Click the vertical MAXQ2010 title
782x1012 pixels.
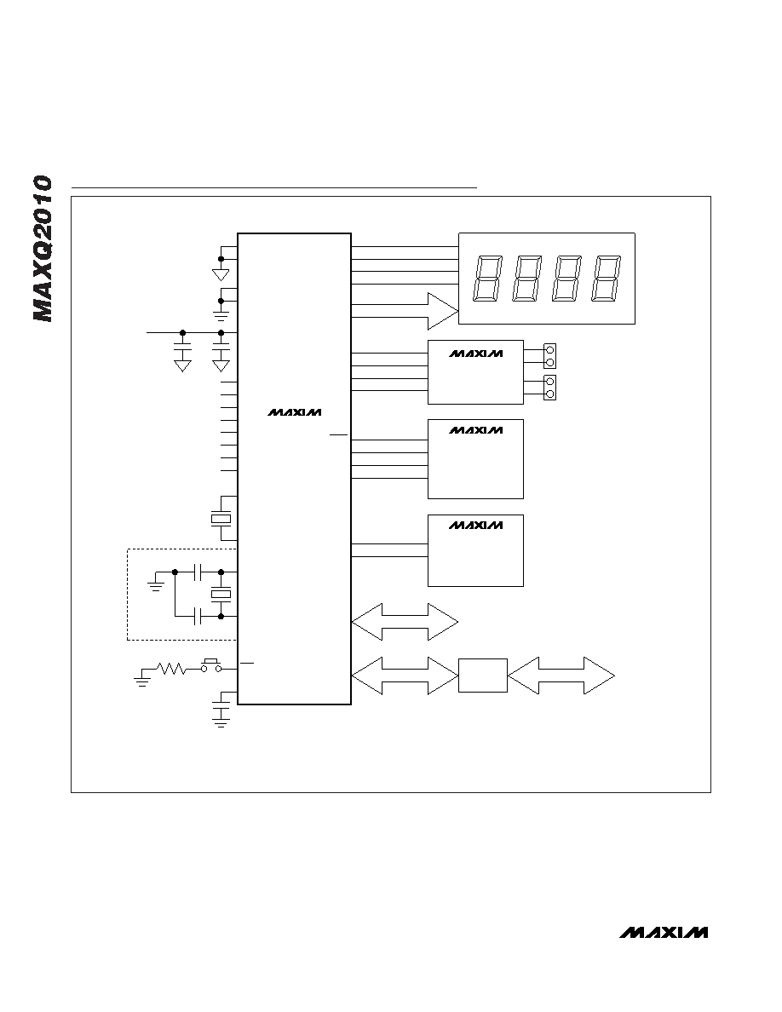[43, 249]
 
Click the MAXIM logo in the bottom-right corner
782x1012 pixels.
[664, 933]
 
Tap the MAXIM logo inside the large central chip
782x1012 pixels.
[294, 412]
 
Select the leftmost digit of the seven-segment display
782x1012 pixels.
[488, 279]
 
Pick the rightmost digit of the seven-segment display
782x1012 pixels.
[607, 279]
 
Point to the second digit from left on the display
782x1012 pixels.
[527, 279]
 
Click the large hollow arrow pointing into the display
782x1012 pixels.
[405, 310]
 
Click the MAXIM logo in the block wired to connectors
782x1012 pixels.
[475, 354]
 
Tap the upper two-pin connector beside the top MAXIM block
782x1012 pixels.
[549, 356]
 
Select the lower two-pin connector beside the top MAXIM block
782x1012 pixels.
[549, 388]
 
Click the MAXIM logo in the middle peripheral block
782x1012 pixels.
[475, 430]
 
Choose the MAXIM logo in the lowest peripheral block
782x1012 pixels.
[475, 526]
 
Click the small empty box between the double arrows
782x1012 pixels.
[483, 676]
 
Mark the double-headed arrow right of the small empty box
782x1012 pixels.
[561, 676]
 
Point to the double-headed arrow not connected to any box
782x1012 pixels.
[405, 622]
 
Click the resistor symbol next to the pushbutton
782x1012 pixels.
[171, 670]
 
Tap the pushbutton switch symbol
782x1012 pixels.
[210, 666]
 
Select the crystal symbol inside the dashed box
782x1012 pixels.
[221, 595]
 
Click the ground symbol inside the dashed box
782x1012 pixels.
[156, 584]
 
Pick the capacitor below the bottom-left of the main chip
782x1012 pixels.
[221, 712]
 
